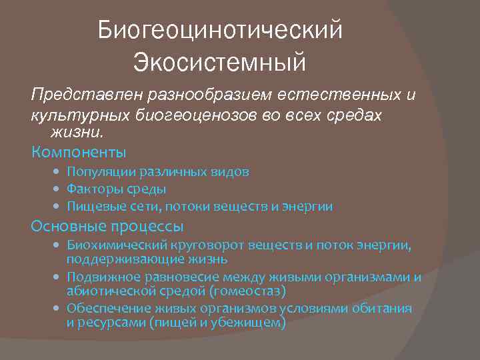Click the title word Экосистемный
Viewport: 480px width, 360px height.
coord(219,63)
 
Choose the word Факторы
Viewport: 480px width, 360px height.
coord(91,189)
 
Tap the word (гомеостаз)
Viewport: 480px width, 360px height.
coord(247,291)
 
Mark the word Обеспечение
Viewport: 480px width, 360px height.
coord(107,309)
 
